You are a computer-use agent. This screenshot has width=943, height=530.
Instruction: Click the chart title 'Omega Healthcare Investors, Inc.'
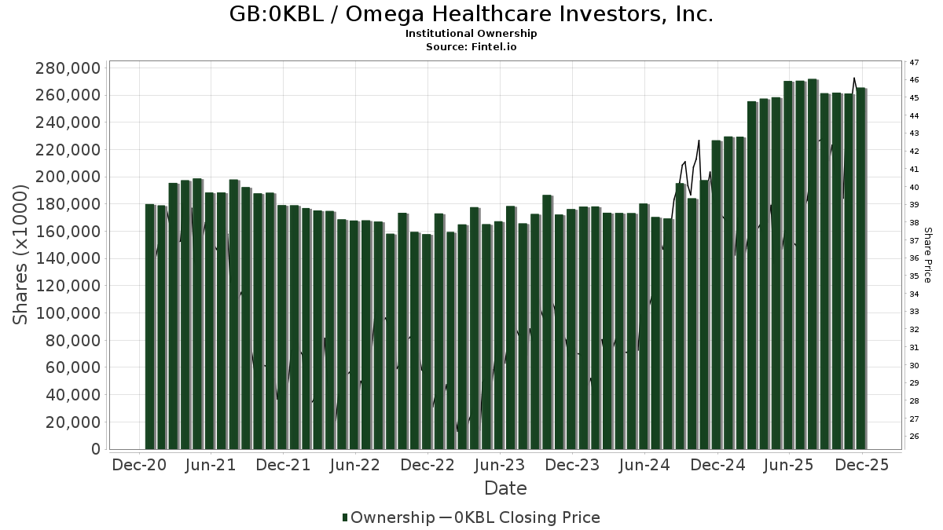coord(472,14)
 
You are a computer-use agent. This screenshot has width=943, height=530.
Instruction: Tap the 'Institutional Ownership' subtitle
coord(472,34)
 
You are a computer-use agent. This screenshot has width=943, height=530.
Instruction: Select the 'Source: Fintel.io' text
coord(472,46)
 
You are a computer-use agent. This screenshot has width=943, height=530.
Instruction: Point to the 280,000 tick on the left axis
coord(68,68)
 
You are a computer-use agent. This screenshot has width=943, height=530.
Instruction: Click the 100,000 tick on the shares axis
coord(68,313)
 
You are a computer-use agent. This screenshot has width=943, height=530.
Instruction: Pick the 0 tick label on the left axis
coord(96,449)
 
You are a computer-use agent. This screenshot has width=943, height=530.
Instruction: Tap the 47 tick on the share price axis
coord(914,62)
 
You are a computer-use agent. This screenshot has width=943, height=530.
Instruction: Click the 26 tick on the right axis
coord(914,437)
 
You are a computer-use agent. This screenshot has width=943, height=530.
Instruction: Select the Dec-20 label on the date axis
coord(139,465)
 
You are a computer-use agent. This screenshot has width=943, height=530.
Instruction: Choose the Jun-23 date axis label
coord(501,465)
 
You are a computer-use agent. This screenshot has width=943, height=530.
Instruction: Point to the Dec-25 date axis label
coord(862,465)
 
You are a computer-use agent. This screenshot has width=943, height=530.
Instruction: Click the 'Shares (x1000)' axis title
coord(21,254)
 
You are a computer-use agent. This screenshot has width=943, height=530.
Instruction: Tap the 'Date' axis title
coord(505,488)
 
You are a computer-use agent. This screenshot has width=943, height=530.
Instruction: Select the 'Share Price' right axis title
coord(927,254)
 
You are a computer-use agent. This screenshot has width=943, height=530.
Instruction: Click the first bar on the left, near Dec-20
coord(149,326)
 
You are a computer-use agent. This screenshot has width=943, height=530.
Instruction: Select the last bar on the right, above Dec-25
coord(861,267)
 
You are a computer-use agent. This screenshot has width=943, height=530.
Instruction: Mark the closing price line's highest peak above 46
coord(854,78)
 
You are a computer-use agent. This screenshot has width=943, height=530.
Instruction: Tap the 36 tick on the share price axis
coord(914,258)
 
